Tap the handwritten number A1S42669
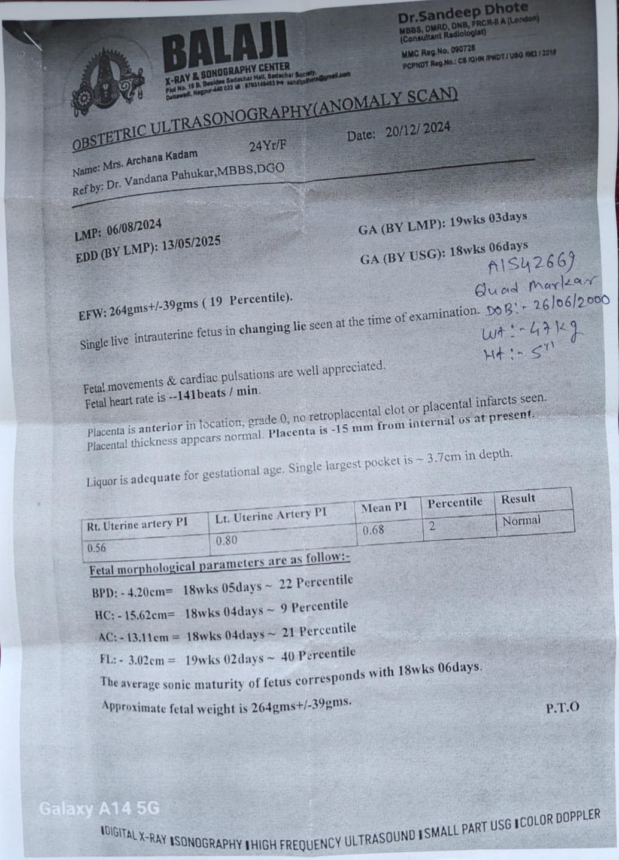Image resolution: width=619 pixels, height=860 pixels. (x=532, y=263)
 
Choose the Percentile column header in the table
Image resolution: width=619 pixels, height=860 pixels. (x=454, y=502)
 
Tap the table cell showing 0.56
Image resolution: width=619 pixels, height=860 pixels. (x=96, y=548)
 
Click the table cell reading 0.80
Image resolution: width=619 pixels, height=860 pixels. (x=226, y=540)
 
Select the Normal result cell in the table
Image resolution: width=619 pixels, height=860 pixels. (x=521, y=521)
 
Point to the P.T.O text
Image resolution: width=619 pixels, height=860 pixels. (x=562, y=707)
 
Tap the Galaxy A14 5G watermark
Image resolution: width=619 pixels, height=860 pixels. (x=99, y=809)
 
